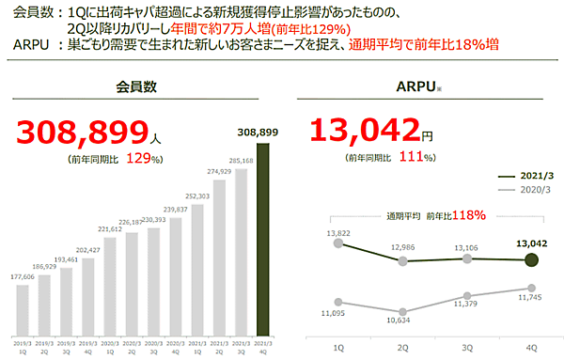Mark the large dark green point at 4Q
pos(533,260)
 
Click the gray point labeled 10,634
pos(402,311)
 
